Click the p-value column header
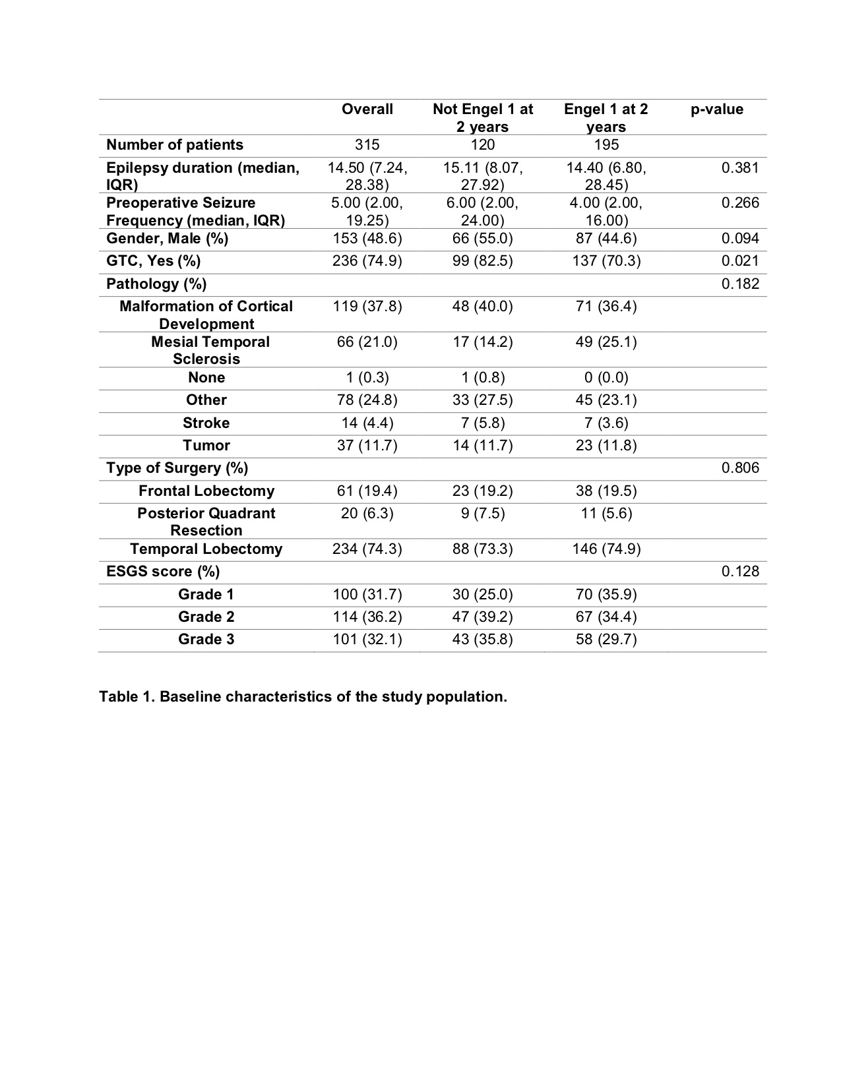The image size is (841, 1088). click(x=716, y=109)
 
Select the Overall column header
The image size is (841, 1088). click(x=367, y=109)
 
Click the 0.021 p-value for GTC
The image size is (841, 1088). click(x=740, y=261)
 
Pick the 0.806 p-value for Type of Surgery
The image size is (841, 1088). click(x=740, y=468)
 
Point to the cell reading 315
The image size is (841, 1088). click(x=367, y=145)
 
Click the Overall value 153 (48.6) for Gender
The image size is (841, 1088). click(x=367, y=239)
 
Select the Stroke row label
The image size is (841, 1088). click(x=206, y=423)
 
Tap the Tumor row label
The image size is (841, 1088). click(x=206, y=446)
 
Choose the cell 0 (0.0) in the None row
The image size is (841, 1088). click(x=606, y=378)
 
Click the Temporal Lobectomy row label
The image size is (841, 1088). click(x=206, y=549)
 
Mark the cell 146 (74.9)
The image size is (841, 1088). click(x=606, y=549)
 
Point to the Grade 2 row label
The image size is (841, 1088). click(x=206, y=617)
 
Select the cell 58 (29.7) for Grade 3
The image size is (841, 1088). click(x=606, y=640)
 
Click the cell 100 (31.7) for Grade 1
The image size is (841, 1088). click(x=367, y=595)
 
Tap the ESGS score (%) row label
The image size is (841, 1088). click(x=163, y=572)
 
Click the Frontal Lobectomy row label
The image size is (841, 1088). click(x=206, y=491)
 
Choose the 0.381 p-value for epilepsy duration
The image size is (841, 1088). click(x=740, y=168)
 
